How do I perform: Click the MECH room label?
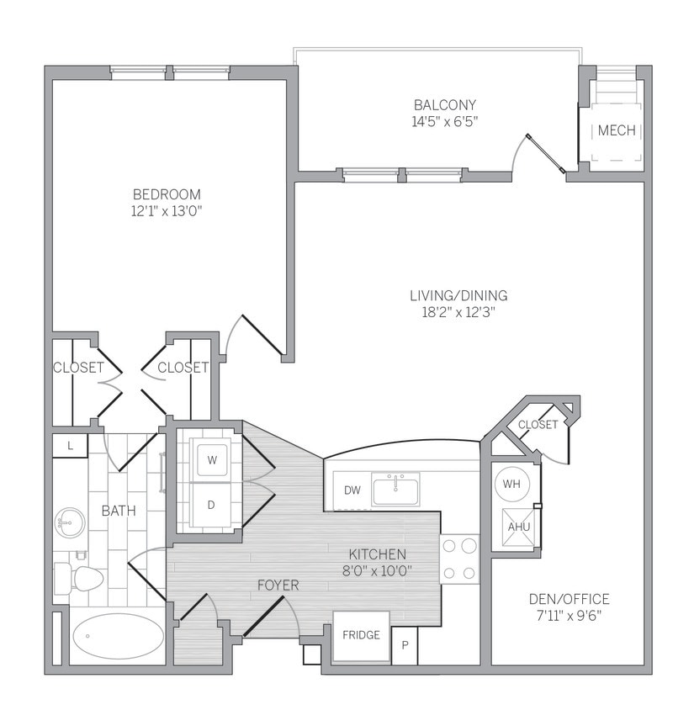click(x=616, y=131)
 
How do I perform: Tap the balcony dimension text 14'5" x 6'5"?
click(x=445, y=121)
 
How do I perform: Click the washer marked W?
click(x=211, y=460)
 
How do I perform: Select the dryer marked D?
click(x=211, y=506)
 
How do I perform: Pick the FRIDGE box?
click(x=361, y=635)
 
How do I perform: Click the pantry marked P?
click(x=405, y=646)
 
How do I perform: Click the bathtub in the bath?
click(x=118, y=636)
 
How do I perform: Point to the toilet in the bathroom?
click(x=80, y=578)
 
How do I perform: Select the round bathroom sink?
click(x=69, y=522)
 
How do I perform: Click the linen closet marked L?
click(x=70, y=446)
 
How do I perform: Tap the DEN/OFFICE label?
click(x=569, y=599)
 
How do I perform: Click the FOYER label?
click(x=278, y=585)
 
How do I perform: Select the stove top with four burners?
click(x=459, y=559)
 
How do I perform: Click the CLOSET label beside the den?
click(x=538, y=425)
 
